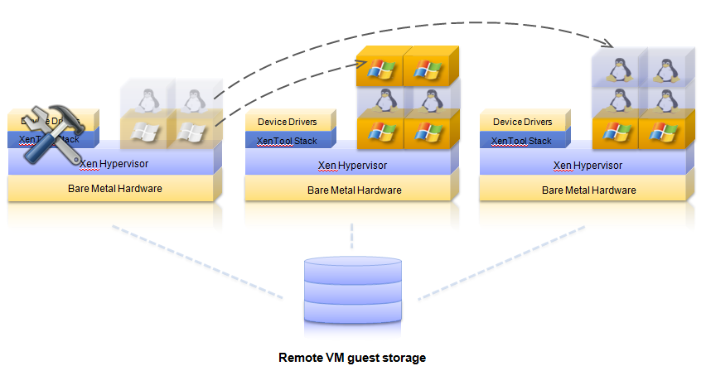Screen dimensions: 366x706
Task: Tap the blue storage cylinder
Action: tap(352, 289)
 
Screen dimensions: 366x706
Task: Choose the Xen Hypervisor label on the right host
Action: tap(588, 164)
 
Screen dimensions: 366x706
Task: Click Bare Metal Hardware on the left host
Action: tap(115, 189)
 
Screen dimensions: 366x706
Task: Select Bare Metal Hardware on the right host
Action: tap(588, 190)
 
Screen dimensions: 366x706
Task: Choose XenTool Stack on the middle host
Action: tap(287, 141)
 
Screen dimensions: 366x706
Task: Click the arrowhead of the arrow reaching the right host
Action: tap(612, 42)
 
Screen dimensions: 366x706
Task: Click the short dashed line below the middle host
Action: tap(352, 234)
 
